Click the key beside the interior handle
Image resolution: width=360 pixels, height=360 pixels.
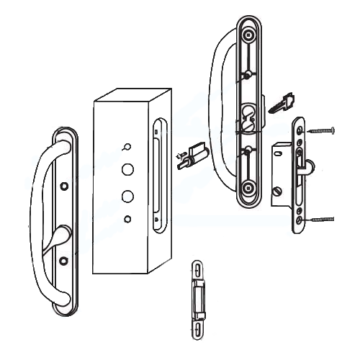coord(282,103)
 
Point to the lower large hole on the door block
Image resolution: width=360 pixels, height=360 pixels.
coord(127,196)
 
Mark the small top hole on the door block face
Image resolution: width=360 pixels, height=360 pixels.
coord(127,148)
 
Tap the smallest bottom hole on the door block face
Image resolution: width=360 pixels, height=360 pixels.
coord(127,218)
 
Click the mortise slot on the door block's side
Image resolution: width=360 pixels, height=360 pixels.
coord(158,176)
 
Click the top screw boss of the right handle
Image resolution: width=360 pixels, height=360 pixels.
coord(249,35)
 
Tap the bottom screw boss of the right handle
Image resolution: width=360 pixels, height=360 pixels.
coord(249,189)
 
